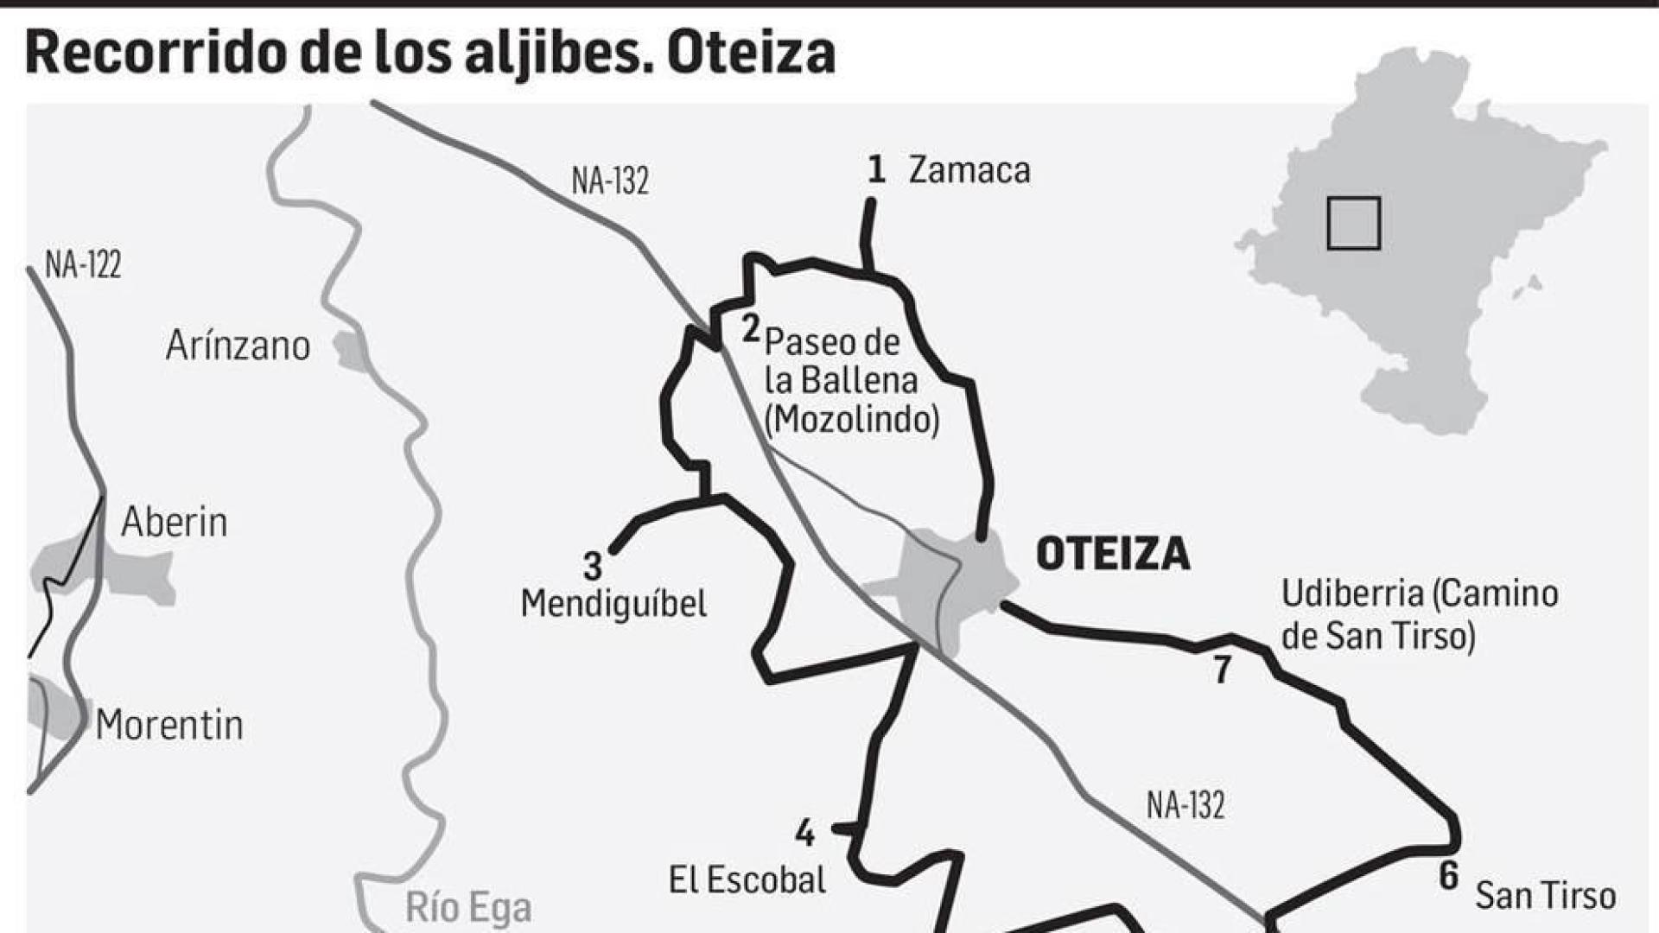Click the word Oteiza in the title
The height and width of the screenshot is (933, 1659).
click(751, 53)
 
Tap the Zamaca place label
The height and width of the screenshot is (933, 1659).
click(969, 170)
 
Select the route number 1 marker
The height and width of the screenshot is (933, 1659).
click(876, 169)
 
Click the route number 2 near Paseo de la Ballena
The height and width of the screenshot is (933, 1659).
click(751, 328)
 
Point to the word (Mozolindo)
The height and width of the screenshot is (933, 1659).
click(852, 420)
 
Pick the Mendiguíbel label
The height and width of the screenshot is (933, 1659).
click(613, 603)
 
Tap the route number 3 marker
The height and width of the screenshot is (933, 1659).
click(592, 567)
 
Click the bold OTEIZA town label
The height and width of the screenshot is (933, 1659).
click(1113, 554)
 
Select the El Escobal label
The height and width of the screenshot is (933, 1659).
click(747, 880)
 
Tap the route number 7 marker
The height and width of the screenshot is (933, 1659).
click(1222, 670)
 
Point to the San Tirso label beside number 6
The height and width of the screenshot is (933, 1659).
click(1545, 896)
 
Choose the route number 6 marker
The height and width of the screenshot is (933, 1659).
click(1449, 877)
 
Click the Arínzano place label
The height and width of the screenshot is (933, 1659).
click(238, 346)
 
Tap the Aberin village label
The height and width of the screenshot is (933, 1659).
click(175, 522)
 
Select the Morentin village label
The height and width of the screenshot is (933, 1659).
click(169, 725)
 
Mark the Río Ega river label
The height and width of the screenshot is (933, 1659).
click(468, 908)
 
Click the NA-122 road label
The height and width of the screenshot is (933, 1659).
click(83, 264)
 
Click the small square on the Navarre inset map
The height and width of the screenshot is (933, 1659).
click(1353, 224)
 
